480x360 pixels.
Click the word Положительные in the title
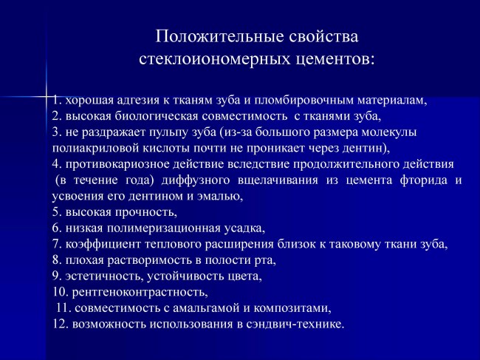(x=219, y=37)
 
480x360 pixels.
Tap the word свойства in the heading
(x=323, y=37)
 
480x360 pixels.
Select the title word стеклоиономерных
(x=215, y=59)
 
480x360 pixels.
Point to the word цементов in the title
(x=333, y=59)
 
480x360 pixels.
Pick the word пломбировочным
(x=304, y=101)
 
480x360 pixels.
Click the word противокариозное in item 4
(x=117, y=164)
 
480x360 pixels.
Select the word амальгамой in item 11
(x=206, y=308)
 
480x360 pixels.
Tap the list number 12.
(x=60, y=324)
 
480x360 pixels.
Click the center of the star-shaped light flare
(x=47, y=97)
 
